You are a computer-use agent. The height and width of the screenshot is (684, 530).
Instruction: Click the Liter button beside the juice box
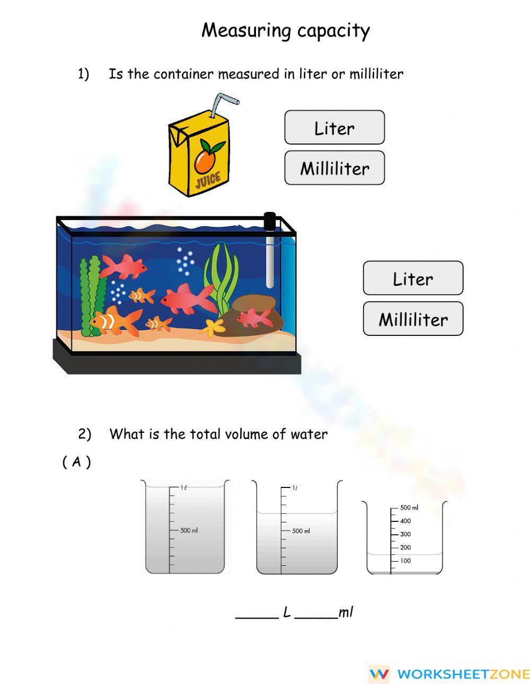tap(334, 128)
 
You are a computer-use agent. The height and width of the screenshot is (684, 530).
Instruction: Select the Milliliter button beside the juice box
tap(334, 168)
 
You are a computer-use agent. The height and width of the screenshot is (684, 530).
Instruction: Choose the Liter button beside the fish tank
tap(413, 278)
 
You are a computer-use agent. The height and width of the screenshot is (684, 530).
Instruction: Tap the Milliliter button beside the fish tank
tap(413, 319)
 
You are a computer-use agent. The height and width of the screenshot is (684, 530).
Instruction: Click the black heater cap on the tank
tap(270, 221)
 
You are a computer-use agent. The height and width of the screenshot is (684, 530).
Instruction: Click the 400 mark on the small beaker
tap(405, 521)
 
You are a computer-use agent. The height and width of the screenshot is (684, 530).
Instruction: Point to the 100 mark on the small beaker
tap(405, 561)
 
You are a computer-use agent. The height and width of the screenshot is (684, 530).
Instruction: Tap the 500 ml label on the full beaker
tap(189, 530)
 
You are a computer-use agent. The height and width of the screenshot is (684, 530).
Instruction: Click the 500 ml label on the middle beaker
tap(301, 530)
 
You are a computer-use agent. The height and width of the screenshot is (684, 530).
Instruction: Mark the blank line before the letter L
tap(257, 616)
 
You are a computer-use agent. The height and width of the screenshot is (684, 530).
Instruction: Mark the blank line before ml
tap(316, 616)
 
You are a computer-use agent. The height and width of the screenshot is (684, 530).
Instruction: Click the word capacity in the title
tap(333, 31)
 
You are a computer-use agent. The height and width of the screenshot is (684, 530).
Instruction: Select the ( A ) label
tap(77, 462)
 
